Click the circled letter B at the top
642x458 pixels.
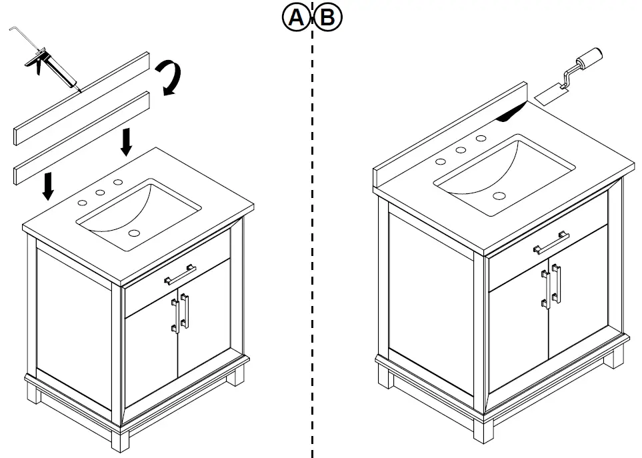pyautogui.click(x=328, y=18)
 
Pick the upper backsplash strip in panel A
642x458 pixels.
pyautogui.click(x=80, y=97)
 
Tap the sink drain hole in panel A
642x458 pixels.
pyautogui.click(x=135, y=233)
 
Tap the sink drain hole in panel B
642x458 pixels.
pyautogui.click(x=499, y=196)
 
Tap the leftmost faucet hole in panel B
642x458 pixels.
pyautogui.click(x=441, y=161)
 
